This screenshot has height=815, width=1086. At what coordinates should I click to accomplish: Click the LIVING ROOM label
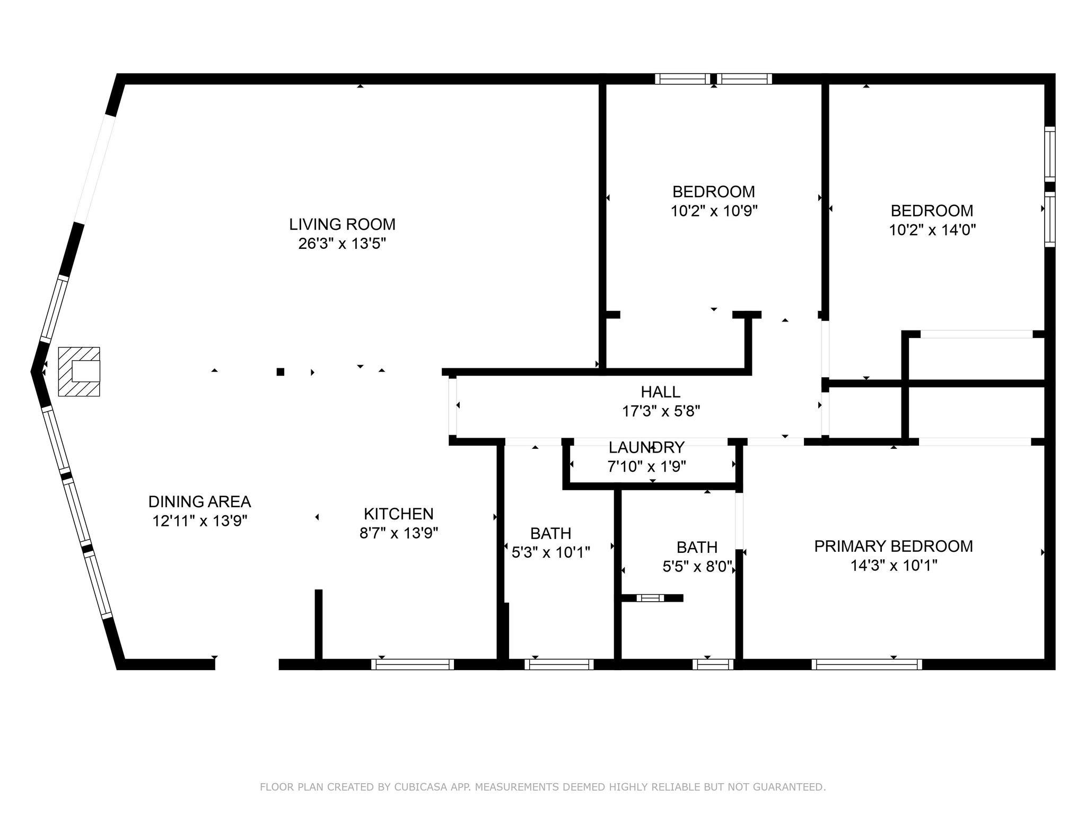(x=342, y=224)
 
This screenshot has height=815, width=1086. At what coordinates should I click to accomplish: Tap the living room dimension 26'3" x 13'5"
(x=342, y=244)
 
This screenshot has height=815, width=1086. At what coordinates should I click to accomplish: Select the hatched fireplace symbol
(x=79, y=371)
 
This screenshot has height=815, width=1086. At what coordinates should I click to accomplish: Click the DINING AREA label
(x=199, y=501)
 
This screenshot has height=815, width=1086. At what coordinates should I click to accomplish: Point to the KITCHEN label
(x=399, y=514)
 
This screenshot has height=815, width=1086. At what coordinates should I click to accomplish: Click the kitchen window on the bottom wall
(x=413, y=664)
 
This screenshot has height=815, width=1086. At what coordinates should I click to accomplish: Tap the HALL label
(x=661, y=392)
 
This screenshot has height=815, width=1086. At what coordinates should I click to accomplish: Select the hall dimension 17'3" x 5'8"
(x=661, y=411)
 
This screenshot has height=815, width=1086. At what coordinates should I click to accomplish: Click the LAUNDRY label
(x=646, y=447)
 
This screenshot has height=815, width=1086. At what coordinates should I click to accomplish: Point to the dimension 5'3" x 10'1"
(x=551, y=553)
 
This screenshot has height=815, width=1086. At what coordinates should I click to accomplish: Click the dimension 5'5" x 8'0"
(x=698, y=567)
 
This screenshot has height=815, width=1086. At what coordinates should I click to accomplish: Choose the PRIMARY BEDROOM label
(x=894, y=546)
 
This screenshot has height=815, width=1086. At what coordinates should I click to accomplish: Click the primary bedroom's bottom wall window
(x=866, y=664)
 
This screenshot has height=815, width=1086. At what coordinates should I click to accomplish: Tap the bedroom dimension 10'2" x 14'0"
(x=932, y=230)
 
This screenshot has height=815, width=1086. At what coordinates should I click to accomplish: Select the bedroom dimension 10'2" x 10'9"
(x=714, y=211)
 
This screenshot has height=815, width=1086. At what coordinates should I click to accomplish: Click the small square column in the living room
(x=281, y=372)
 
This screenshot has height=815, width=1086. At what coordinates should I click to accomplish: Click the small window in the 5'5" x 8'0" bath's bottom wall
(x=713, y=664)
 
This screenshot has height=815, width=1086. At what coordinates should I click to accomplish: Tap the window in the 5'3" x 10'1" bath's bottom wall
(x=559, y=664)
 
